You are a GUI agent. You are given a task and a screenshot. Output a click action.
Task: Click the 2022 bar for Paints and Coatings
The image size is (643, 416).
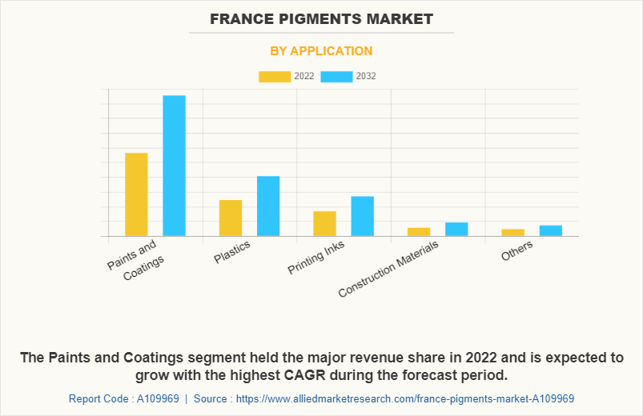click(x=136, y=194)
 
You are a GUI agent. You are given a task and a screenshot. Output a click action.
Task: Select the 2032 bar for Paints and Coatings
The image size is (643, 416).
click(x=174, y=166)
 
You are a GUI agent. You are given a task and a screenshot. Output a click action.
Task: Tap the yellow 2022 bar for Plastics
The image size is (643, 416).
click(x=231, y=218)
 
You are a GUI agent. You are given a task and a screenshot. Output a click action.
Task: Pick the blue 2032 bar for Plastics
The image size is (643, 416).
click(x=268, y=206)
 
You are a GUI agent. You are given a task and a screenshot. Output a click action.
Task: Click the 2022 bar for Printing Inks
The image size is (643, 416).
click(x=324, y=223)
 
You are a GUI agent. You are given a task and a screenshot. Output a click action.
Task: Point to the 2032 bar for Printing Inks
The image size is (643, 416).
click(x=362, y=216)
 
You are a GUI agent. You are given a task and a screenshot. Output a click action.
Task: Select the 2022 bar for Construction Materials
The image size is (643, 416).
click(x=419, y=232)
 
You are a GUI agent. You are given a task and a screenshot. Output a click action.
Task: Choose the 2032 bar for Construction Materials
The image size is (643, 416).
click(x=456, y=229)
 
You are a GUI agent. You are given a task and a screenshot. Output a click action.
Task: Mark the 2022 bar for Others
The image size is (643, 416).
click(x=513, y=233)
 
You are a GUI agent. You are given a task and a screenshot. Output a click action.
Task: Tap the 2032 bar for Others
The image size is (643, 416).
click(x=550, y=230)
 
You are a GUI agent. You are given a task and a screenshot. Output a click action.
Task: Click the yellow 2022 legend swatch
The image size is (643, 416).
click(x=275, y=76)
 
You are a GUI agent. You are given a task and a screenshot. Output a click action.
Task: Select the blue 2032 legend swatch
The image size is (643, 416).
click(x=336, y=76)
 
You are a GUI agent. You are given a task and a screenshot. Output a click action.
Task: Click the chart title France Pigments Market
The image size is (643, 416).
click(x=321, y=18)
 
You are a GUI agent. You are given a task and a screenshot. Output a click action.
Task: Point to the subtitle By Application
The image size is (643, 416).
click(x=321, y=51)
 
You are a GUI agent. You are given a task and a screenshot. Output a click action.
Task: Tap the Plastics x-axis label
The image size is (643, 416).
click(x=233, y=252)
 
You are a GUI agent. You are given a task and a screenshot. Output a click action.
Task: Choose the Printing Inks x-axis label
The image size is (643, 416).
click(x=316, y=258)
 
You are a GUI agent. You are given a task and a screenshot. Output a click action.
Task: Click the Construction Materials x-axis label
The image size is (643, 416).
click(x=389, y=269)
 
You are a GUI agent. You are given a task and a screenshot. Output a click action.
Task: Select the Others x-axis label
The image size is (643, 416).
click(x=517, y=251)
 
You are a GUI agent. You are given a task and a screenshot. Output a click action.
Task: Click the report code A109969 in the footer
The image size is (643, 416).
click(x=147, y=398)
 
